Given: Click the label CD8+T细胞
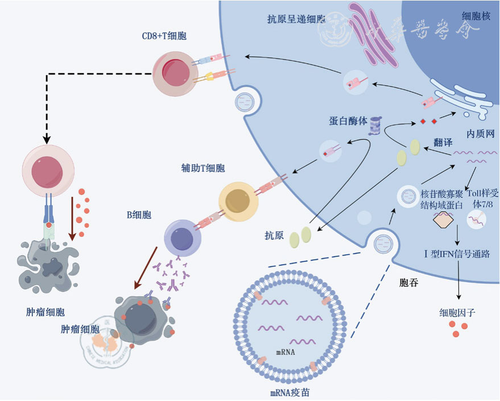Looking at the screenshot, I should (x=164, y=36).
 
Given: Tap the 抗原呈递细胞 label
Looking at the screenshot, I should (x=296, y=19).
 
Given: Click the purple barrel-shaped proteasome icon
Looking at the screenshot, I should (x=375, y=126).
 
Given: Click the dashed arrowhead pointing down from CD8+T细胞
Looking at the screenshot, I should (x=44, y=138).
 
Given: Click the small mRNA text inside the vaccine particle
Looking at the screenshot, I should (x=286, y=351).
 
